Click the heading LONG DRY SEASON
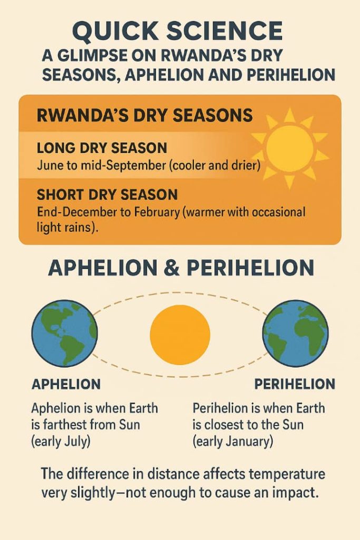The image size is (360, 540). [x=102, y=148]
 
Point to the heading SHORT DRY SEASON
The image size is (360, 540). [x=107, y=195]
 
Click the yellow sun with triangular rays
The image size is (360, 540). [x=290, y=148]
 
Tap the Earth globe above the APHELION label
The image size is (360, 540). [x=65, y=333]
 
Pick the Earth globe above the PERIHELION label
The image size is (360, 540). [x=295, y=333]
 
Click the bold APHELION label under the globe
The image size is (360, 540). [x=66, y=384]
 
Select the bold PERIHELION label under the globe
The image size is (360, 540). [x=295, y=384]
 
